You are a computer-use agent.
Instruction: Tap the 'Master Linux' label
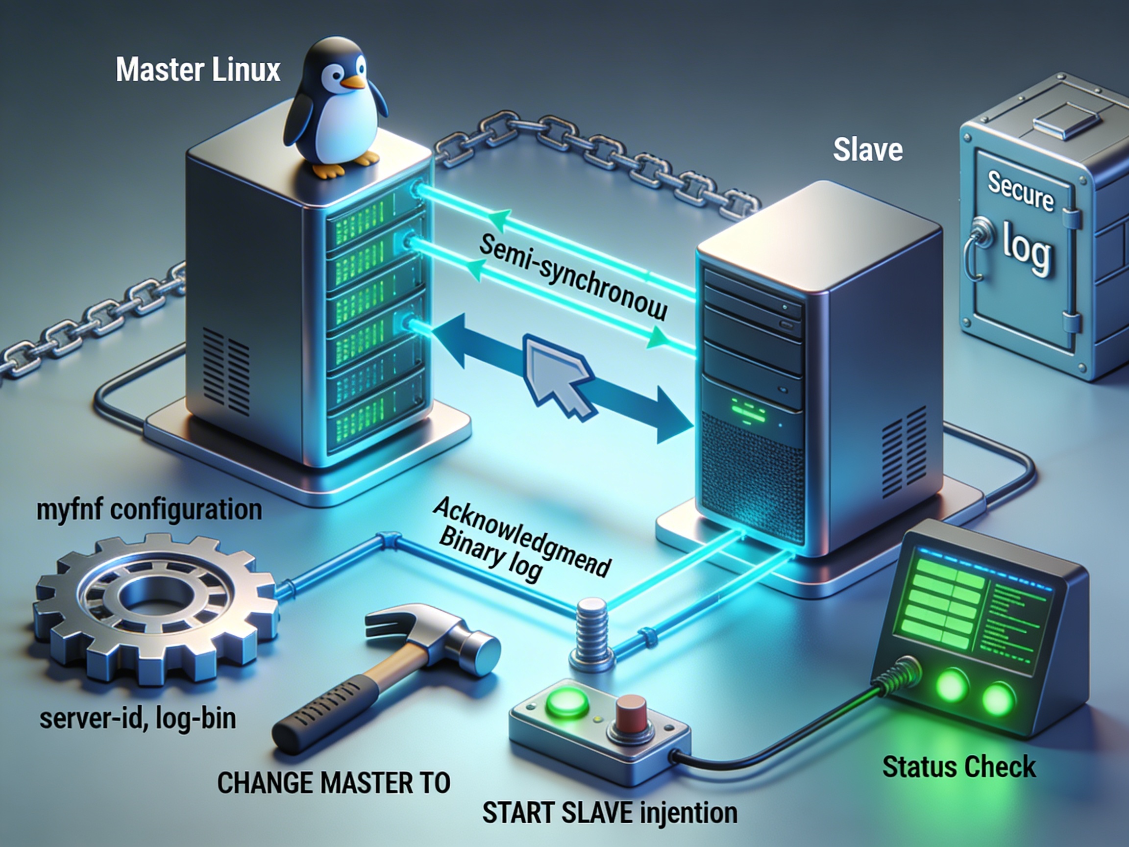coord(198,70)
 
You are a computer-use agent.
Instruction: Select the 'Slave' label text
coord(868,150)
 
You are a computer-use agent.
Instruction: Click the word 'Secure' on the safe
coord(1020,191)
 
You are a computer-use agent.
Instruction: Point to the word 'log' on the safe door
coord(1027,247)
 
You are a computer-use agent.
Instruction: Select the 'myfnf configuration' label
coord(149,510)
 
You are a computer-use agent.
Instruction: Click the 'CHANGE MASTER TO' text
coord(334,783)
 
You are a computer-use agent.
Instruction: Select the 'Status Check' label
coord(959,767)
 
